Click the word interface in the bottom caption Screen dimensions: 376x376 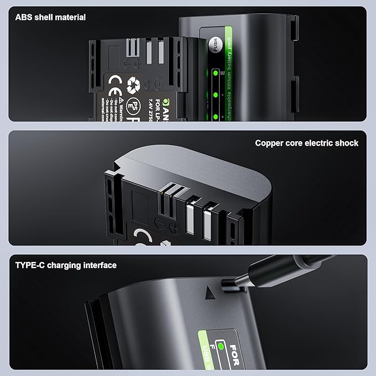click(100, 265)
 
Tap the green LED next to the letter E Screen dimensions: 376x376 click(214, 73)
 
